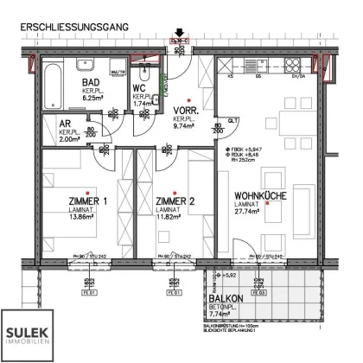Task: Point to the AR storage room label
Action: click(64, 124)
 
